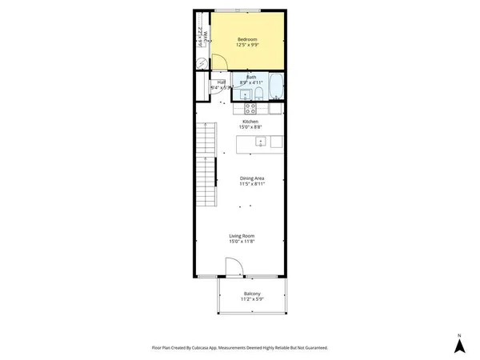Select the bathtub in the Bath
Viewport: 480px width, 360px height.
[x=274, y=84]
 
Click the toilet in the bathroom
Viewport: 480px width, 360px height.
[x=248, y=96]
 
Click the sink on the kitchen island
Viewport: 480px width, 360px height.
[x=260, y=142]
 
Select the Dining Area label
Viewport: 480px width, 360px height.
[x=252, y=178]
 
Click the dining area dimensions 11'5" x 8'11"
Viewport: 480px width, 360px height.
[x=252, y=184]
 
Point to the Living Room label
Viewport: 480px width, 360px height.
[x=242, y=236]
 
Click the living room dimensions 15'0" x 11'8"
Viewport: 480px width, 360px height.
[x=242, y=242]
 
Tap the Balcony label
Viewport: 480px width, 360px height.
[x=252, y=294]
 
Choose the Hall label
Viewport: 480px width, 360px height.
[x=221, y=82]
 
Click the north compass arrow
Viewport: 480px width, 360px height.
[x=459, y=345]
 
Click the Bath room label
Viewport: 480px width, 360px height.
[x=251, y=77]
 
